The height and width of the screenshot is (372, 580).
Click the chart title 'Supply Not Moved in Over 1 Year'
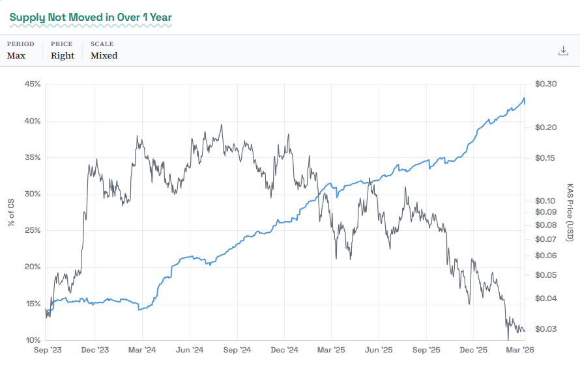tap(91, 16)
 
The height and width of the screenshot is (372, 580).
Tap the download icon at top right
tap(564, 50)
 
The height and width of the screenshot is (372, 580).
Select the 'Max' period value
tap(16, 55)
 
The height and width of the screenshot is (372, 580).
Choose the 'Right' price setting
tap(63, 55)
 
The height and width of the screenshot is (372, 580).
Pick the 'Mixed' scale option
tap(104, 55)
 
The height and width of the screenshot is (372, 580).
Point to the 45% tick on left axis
tap(33, 84)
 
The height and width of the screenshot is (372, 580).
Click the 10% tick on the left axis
tap(33, 340)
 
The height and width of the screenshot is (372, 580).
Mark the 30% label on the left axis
tap(33, 194)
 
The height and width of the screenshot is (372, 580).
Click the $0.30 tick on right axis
tap(545, 84)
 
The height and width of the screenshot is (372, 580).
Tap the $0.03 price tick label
tap(545, 329)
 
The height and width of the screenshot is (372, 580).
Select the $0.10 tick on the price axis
tap(545, 201)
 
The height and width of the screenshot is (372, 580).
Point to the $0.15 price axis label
tap(545, 158)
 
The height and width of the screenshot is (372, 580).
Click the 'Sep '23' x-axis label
tap(48, 351)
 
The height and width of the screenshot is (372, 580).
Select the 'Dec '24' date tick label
tap(284, 351)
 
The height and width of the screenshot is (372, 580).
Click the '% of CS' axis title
tap(11, 213)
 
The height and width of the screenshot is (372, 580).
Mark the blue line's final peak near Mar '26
tap(524, 98)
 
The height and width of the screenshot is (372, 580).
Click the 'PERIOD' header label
tap(20, 44)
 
